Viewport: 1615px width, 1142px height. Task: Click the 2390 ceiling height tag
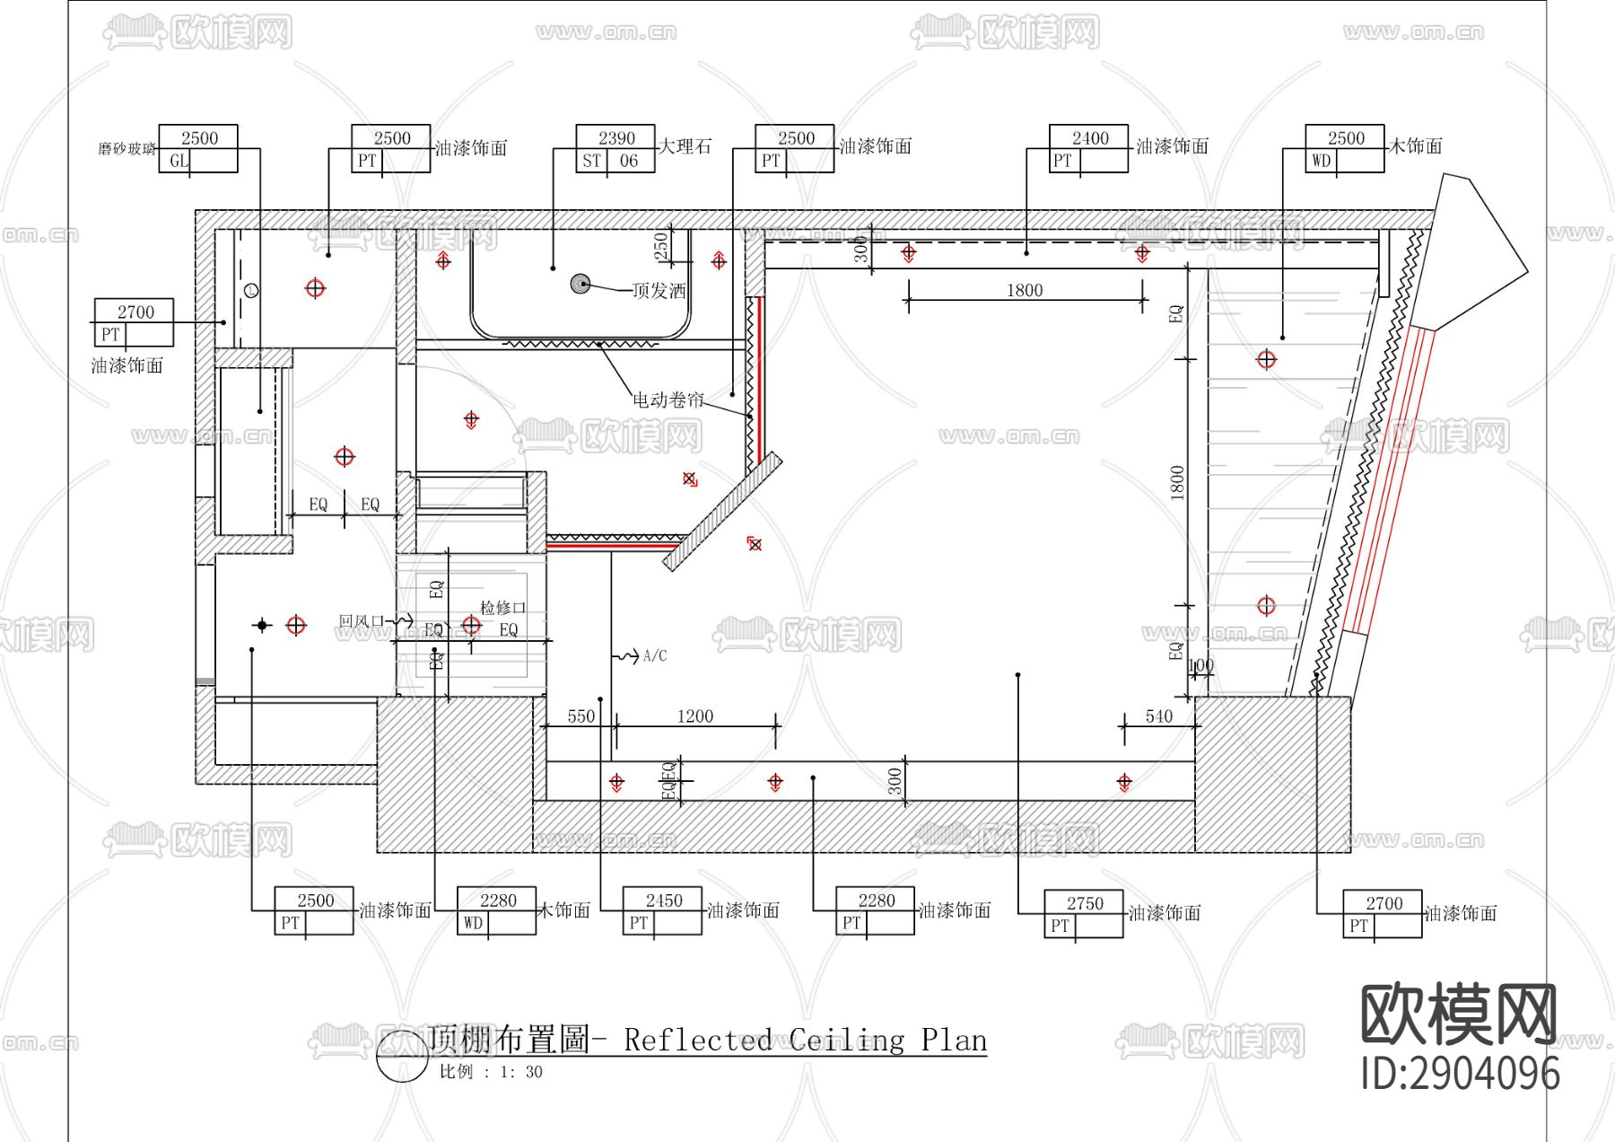[x=616, y=137]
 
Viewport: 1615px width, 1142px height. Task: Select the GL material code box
[x=179, y=161]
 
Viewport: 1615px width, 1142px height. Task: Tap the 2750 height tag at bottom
[x=1085, y=903]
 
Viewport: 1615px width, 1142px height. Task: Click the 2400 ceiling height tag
[x=1090, y=137]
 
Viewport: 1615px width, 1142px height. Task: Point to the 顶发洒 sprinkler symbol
[x=581, y=284]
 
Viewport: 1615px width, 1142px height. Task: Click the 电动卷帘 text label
[x=668, y=400]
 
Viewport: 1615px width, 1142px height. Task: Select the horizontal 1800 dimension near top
[x=1025, y=290]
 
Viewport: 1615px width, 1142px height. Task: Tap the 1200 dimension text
[x=695, y=716]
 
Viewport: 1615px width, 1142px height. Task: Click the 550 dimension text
[x=581, y=716]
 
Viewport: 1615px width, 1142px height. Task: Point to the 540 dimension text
[x=1158, y=716]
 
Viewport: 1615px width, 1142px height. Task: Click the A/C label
[x=655, y=656]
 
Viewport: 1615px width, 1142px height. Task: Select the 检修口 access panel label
[x=502, y=608]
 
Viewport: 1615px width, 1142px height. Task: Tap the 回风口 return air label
[x=362, y=621]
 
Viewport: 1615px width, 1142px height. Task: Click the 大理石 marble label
[x=685, y=145]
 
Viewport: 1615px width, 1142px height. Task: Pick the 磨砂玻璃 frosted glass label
[x=127, y=148]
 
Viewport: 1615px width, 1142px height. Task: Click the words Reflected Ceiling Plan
[x=805, y=1040]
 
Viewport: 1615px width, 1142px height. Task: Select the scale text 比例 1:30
[x=491, y=1071]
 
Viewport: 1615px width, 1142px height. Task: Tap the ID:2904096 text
[x=1460, y=1073]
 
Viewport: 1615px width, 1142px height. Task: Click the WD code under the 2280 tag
[x=473, y=923]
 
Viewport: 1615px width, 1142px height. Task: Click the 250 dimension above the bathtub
[x=661, y=245]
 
